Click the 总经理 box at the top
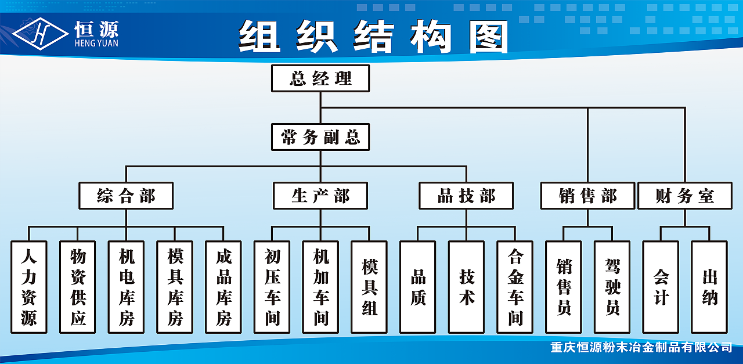click(x=320, y=78)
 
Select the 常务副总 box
click(x=320, y=138)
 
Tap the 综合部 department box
click(x=126, y=196)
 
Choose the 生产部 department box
click(x=320, y=196)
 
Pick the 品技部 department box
click(x=466, y=196)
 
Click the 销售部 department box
click(x=587, y=196)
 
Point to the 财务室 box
click(x=685, y=196)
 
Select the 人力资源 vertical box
click(x=28, y=287)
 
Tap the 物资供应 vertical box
click(x=77, y=287)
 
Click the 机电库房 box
click(x=126, y=287)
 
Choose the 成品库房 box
click(x=223, y=287)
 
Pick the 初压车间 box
click(x=272, y=287)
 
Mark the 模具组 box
click(x=369, y=287)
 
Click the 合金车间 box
click(x=515, y=287)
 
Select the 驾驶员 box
click(x=612, y=287)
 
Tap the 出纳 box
click(x=709, y=287)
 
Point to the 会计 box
click(x=661, y=287)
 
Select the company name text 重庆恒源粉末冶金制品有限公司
click(x=641, y=348)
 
